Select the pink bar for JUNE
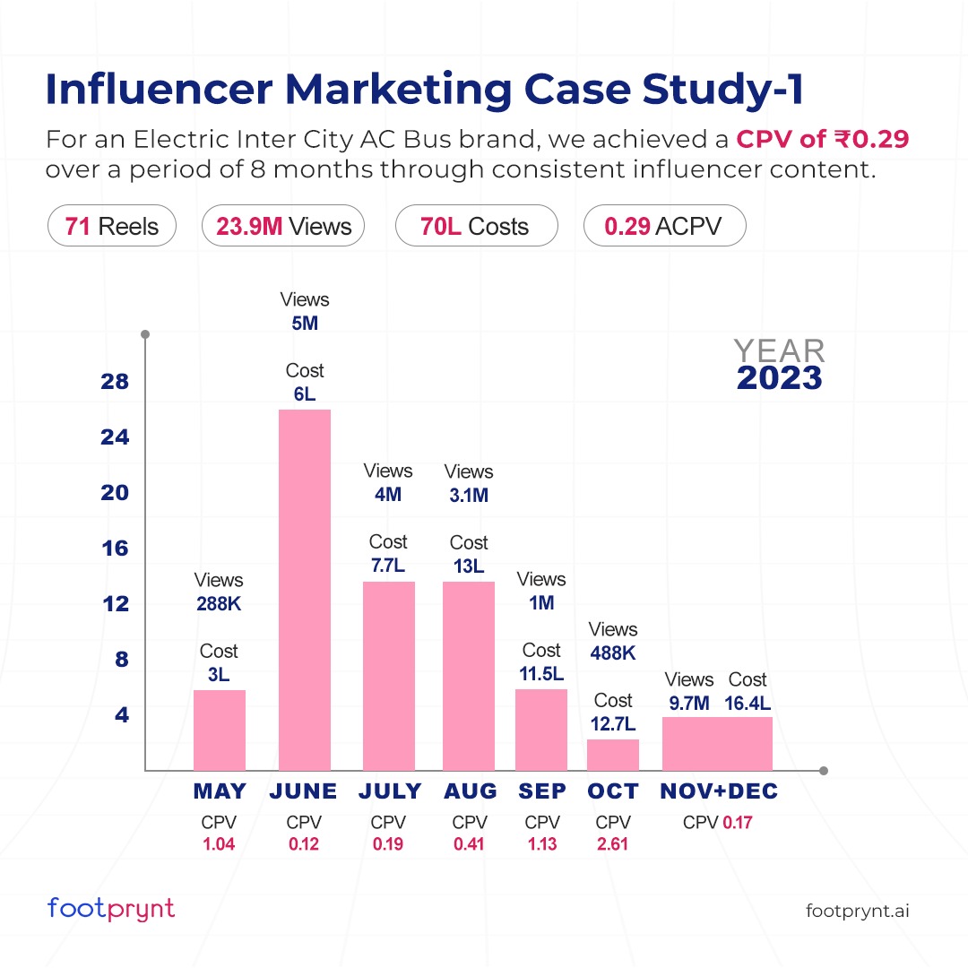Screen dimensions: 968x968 tap(305, 589)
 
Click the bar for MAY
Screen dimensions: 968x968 tap(220, 730)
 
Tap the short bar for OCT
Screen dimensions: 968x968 tap(613, 755)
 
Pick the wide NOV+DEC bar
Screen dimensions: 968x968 tap(717, 743)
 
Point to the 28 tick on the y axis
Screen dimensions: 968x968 tap(114, 382)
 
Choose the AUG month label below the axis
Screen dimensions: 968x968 tap(470, 791)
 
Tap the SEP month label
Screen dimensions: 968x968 tap(542, 791)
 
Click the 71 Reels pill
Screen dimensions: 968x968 tap(112, 227)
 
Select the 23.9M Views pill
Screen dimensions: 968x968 tap(283, 227)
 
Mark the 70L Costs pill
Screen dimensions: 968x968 tap(476, 227)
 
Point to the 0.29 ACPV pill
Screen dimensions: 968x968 tap(664, 227)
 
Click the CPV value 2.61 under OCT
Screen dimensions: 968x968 tap(613, 843)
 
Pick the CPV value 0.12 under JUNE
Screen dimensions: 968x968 tap(304, 843)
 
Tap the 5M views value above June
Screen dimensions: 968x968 tap(305, 324)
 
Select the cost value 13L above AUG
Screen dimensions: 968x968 tap(468, 566)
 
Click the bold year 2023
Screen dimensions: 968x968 tap(779, 378)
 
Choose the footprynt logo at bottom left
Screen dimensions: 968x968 tap(111, 909)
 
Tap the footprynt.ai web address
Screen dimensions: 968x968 tap(858, 911)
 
